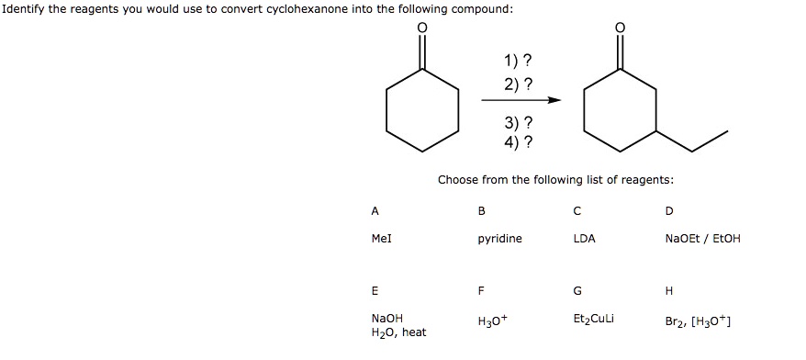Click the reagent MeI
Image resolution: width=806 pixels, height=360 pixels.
click(x=382, y=239)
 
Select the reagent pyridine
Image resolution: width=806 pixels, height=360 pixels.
click(x=499, y=239)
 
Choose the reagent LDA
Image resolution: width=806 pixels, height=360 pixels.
click(x=584, y=239)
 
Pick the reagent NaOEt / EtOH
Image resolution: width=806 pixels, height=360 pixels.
click(x=702, y=239)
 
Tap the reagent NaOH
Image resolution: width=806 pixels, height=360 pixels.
click(x=386, y=319)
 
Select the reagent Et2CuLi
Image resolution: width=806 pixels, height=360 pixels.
click(x=592, y=321)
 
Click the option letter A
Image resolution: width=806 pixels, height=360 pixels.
click(x=375, y=210)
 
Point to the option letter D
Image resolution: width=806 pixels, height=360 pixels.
click(x=668, y=210)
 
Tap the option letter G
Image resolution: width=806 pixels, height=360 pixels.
click(x=577, y=291)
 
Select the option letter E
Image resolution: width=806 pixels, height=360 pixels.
click(x=375, y=291)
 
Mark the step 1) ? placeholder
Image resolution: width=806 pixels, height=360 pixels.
click(x=517, y=62)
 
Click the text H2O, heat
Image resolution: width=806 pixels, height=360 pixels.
click(x=398, y=332)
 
